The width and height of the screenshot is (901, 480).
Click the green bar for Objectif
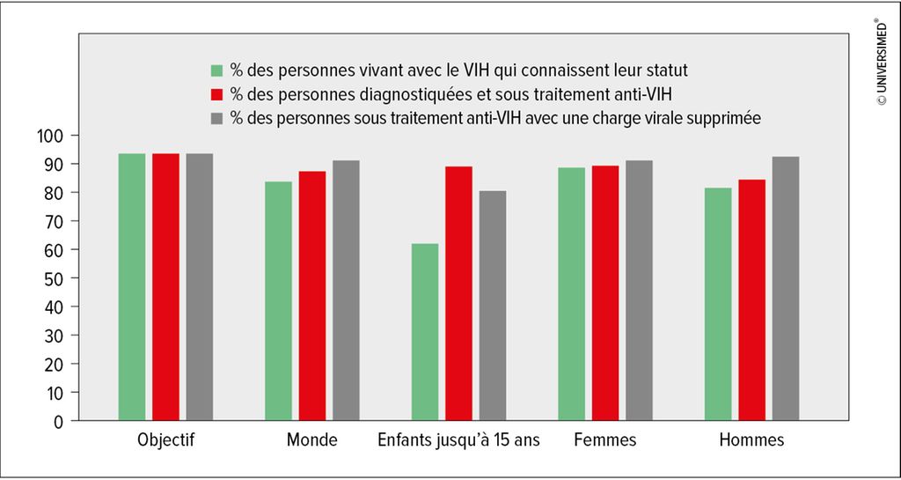pos(132,287)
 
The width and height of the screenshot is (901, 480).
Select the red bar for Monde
pos(312,295)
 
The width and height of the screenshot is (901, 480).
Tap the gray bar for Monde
pos(346,291)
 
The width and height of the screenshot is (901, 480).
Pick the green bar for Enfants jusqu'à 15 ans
pos(425,332)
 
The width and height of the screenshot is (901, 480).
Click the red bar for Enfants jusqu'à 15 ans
pos(458,293)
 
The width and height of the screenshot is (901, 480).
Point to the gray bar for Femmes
pos(639,291)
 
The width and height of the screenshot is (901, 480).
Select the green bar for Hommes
pos(718,304)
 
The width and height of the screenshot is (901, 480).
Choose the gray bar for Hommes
pos(786,289)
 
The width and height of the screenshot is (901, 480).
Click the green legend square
pos(216,70)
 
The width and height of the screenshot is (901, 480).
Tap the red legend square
pos(216,94)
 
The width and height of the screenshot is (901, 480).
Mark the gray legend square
pos(216,118)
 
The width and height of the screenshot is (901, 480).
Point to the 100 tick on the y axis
pos(76,135)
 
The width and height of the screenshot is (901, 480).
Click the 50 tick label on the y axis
pos(52,278)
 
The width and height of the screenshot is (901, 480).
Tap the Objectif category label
pos(165,441)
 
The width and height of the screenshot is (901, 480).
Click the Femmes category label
pos(605,441)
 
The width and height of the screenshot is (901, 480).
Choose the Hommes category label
pos(751,441)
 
